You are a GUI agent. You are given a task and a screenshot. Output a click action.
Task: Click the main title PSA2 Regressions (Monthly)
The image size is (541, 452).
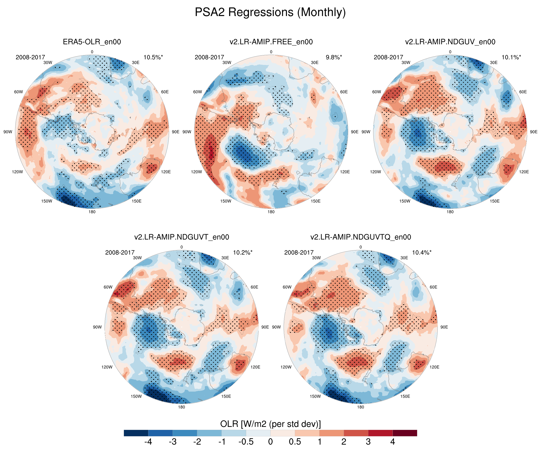click(270, 12)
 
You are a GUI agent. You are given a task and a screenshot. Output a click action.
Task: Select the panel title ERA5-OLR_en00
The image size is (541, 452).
click(92, 42)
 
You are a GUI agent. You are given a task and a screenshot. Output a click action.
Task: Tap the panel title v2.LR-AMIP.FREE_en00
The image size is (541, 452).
click(271, 42)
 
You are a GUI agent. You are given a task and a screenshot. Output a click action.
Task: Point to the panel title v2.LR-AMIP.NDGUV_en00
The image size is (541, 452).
click(450, 42)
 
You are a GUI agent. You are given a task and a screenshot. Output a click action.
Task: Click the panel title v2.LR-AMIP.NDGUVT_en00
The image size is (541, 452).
click(182, 237)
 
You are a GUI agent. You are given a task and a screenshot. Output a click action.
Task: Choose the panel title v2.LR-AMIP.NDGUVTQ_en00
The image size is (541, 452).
click(361, 237)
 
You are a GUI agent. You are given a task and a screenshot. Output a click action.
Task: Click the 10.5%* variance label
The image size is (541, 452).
click(153, 57)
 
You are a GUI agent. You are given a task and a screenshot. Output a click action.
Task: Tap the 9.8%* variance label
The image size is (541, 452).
click(334, 57)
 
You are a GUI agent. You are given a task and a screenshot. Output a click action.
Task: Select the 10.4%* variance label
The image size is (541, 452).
click(422, 253)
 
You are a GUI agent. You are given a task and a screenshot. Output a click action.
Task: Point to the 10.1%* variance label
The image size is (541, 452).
click(511, 57)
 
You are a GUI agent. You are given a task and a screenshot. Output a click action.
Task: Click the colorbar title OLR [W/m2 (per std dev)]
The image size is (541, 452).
click(270, 424)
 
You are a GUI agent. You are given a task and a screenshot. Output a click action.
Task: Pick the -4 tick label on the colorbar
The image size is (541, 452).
click(148, 442)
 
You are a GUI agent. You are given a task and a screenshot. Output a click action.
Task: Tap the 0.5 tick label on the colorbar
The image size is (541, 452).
click(295, 442)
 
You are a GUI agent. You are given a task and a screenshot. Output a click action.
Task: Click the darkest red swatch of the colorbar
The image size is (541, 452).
click(405, 433)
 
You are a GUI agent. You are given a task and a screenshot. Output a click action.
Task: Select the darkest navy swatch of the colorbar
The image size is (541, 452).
click(136, 433)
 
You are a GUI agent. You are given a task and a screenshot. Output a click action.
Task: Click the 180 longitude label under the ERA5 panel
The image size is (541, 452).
click(92, 212)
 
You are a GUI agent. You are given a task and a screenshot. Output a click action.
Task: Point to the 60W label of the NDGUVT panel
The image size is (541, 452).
click(108, 287)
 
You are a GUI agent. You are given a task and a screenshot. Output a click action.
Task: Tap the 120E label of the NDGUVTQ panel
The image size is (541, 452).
click(434, 367)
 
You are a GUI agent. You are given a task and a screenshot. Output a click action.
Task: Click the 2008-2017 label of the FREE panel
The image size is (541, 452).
click(209, 57)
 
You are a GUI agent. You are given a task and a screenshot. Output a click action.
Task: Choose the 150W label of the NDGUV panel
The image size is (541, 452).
click(405, 201)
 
